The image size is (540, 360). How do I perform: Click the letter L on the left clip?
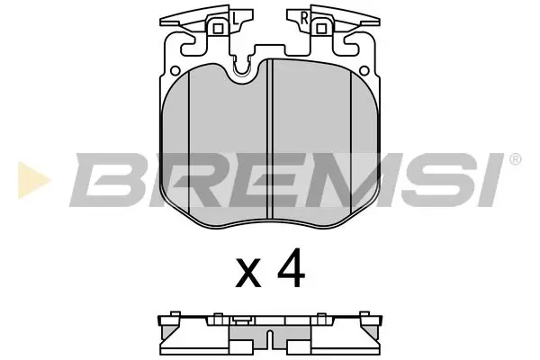click(x=233, y=16)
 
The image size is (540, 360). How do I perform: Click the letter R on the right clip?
click(x=305, y=16)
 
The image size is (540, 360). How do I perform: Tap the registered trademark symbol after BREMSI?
click(x=515, y=160)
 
